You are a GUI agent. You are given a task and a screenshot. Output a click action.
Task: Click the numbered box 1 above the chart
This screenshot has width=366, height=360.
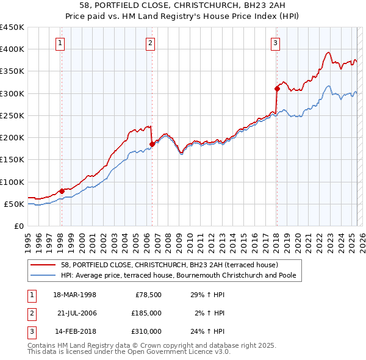[x=61, y=43]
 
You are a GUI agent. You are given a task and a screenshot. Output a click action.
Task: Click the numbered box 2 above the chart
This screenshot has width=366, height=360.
[x=150, y=43]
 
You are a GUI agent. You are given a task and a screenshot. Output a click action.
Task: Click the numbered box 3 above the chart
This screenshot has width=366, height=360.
[x=276, y=43]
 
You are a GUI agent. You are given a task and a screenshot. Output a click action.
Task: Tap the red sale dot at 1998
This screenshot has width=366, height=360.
[x=62, y=191]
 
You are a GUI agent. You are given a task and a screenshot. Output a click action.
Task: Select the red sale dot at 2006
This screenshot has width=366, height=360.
[x=152, y=144]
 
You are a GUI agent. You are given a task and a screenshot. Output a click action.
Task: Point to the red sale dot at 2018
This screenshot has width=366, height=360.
[x=277, y=88]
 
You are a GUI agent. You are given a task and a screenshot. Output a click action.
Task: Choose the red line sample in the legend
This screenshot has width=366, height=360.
[x=44, y=265]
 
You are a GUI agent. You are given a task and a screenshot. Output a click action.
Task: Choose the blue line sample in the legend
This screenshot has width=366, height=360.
[x=44, y=275]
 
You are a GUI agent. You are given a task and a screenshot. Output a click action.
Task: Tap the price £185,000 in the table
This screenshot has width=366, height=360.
[x=146, y=313]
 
